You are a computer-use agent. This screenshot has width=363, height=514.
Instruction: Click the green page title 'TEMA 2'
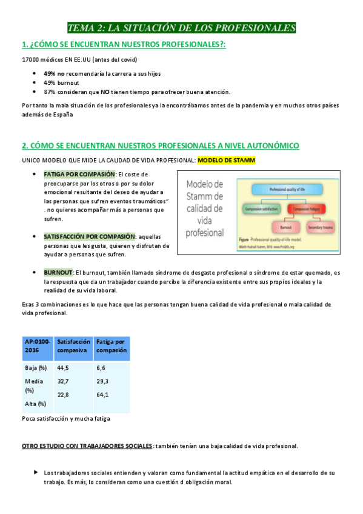(x=181, y=28)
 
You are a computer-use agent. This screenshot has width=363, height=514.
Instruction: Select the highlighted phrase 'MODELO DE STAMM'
(x=227, y=160)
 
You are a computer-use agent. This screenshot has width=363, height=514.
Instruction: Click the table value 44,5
(x=63, y=367)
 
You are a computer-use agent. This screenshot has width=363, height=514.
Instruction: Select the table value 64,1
(x=102, y=395)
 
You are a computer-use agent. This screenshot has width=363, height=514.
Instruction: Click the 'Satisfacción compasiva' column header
(x=73, y=345)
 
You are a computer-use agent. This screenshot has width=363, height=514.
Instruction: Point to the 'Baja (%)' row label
(x=36, y=367)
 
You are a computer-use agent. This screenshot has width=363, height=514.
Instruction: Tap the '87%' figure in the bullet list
(x=50, y=92)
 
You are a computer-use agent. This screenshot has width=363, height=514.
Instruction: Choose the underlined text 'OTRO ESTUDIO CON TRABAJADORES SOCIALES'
(x=87, y=446)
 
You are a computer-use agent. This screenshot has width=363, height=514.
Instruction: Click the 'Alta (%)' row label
(x=35, y=404)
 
